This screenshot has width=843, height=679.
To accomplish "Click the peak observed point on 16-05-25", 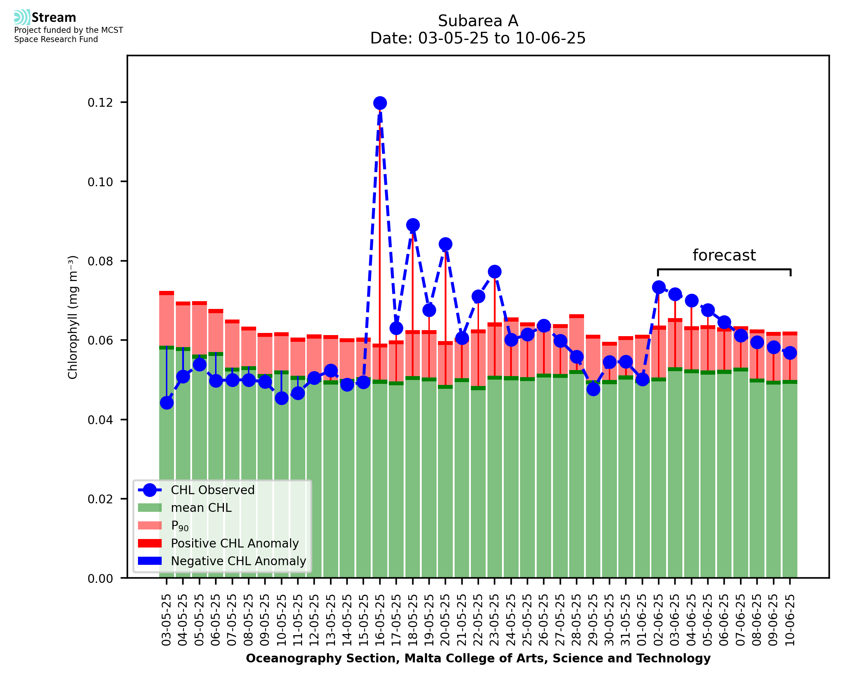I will [380, 103].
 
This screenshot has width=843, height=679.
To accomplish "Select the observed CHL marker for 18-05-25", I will [412, 225].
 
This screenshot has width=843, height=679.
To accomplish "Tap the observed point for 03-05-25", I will [167, 403].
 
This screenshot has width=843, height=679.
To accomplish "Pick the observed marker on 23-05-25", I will [495, 271].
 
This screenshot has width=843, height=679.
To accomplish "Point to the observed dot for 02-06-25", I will [659, 287].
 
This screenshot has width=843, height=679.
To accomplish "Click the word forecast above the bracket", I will [724, 255].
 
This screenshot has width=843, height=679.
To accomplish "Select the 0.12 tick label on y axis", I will [100, 103].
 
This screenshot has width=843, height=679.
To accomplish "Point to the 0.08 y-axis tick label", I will [100, 261].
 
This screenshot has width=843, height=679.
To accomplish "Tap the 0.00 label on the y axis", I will [100, 579].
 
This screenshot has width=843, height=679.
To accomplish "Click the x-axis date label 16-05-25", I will [380, 620].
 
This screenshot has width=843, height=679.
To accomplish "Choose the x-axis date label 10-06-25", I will [790, 620].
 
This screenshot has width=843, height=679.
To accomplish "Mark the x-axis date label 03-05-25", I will [167, 620].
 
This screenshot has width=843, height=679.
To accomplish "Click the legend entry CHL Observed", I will [213, 490].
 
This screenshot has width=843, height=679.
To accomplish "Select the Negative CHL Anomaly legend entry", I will [238, 561].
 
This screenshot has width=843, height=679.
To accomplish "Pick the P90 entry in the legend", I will [180, 526].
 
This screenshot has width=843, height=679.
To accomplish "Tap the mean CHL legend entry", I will [201, 508].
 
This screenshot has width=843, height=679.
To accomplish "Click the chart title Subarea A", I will [478, 21].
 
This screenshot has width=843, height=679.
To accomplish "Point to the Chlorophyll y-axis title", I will [73, 317].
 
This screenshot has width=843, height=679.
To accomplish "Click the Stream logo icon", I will [22, 17].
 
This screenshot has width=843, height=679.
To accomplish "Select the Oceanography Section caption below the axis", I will [478, 658].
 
